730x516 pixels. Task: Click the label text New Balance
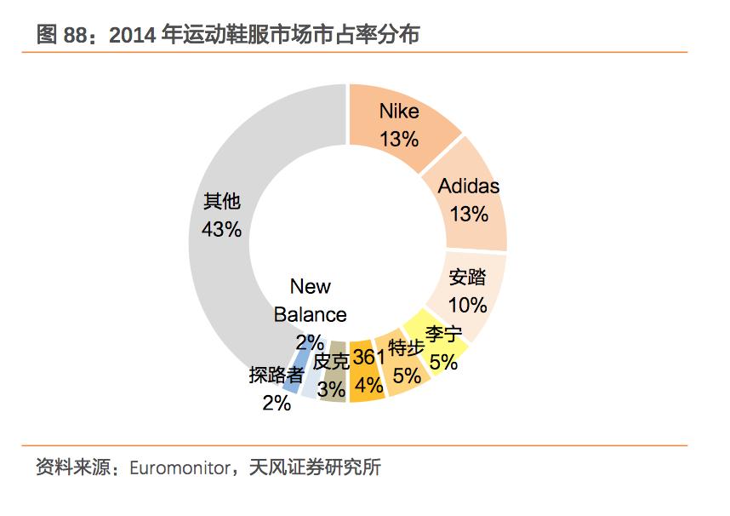(x=311, y=300)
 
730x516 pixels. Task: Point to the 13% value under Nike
(x=399, y=138)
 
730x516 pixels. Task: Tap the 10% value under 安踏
(x=467, y=304)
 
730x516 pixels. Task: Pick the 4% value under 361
(x=368, y=385)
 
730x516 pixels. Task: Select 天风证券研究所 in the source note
(x=316, y=468)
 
